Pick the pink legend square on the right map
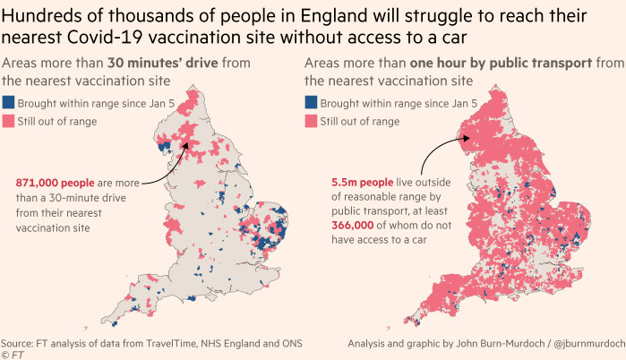click(x=312, y=121)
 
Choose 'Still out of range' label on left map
click(x=59, y=121)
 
